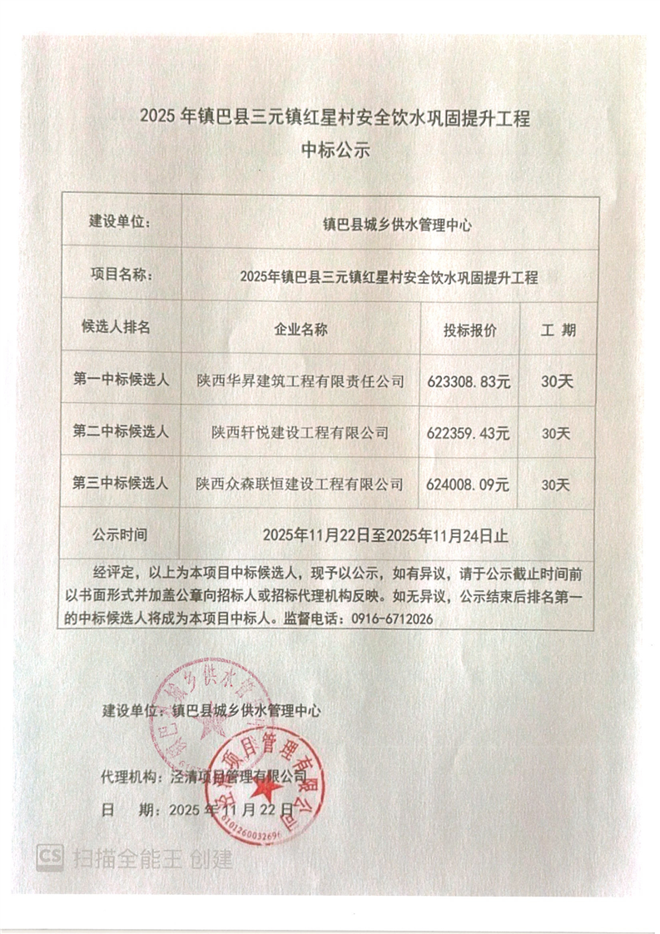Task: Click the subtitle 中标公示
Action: tap(334, 152)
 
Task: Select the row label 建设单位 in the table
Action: tap(120, 222)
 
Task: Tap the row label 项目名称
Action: tap(120, 276)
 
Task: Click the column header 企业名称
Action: tap(300, 330)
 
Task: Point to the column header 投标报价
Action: tap(469, 330)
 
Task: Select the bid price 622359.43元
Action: tap(468, 433)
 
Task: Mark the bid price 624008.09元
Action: tap(468, 484)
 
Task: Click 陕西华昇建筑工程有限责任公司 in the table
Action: tap(300, 381)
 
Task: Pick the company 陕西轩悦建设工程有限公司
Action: tap(300, 433)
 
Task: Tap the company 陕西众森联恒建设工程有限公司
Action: tap(300, 484)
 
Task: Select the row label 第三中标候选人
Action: tap(122, 483)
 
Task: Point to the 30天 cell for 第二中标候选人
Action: tap(556, 434)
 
